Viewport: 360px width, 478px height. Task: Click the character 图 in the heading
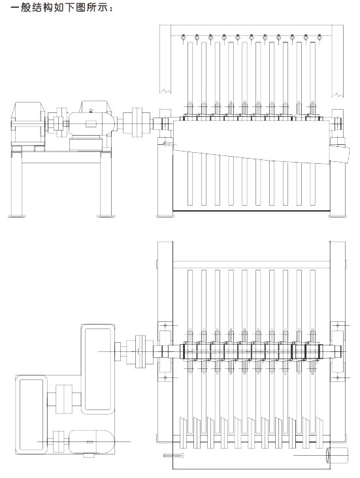(80, 7)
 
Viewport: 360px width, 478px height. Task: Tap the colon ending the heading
(111, 8)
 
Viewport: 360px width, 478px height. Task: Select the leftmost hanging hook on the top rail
(183, 38)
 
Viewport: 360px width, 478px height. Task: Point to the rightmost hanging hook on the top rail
(319, 38)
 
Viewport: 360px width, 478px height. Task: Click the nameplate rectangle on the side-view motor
(91, 123)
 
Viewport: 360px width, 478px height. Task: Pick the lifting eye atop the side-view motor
(90, 110)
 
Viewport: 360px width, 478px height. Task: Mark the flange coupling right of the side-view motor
(137, 122)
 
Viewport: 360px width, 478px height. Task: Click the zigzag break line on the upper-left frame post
(165, 91)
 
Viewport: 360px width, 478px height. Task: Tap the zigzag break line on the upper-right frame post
(338, 95)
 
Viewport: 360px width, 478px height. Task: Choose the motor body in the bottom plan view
(91, 441)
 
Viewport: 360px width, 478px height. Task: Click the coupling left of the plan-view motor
(59, 441)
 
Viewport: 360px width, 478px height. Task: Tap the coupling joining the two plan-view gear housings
(64, 399)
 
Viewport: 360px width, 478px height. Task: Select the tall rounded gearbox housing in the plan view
(97, 369)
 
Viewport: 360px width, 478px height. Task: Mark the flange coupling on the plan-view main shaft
(140, 351)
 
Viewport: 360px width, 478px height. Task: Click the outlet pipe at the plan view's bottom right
(336, 455)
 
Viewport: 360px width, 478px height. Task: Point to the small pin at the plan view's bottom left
(174, 456)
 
